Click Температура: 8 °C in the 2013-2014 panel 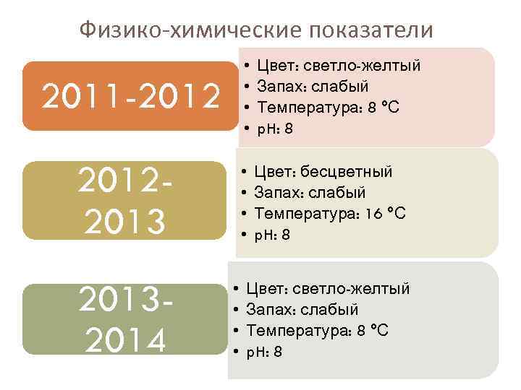click(318, 331)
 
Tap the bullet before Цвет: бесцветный click(244, 172)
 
